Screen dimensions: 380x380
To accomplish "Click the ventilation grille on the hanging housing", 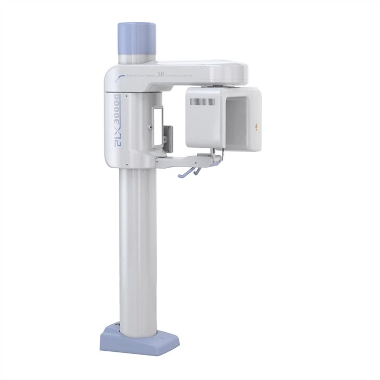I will coord(201,103).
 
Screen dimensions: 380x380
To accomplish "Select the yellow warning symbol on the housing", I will coord(255,125).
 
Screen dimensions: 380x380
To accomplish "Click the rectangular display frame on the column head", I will coord(157,126).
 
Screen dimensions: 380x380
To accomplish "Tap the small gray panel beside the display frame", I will coord(167,135).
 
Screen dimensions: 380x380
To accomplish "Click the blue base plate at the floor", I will coord(139,339).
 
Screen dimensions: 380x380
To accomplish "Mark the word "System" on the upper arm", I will coord(186,76).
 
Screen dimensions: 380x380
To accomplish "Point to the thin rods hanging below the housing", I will coord(214,152).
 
